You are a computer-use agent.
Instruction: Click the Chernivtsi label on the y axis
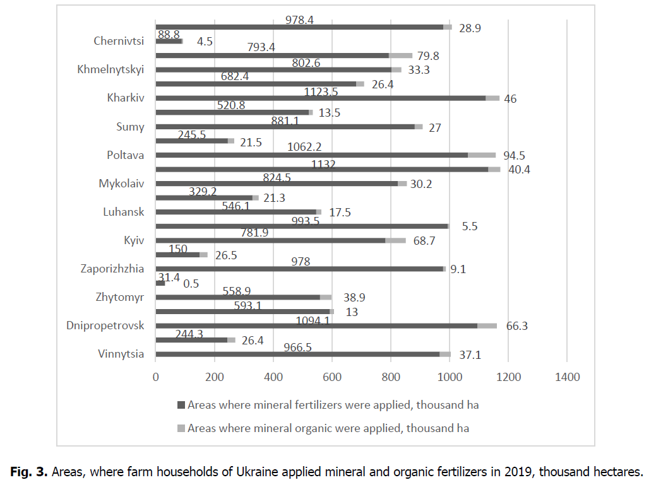[x=119, y=42]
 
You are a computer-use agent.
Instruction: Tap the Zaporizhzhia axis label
[x=112, y=269]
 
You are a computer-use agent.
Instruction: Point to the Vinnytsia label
[x=121, y=354]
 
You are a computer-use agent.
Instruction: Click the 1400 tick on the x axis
[x=567, y=377]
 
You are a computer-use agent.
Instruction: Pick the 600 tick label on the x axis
[x=332, y=377]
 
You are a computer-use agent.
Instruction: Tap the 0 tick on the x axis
[x=156, y=377]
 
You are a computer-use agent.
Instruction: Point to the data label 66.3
[x=515, y=326]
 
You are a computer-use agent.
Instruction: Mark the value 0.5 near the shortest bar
[x=191, y=284]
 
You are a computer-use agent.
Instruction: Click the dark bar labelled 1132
[x=321, y=169]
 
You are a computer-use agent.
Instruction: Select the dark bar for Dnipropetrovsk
[x=316, y=325]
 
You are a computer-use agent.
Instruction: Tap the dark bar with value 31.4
[x=160, y=283]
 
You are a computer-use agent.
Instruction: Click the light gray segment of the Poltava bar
[x=482, y=155]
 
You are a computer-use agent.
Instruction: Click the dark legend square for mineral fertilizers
[x=182, y=405]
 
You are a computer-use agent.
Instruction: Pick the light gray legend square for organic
[x=182, y=428]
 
